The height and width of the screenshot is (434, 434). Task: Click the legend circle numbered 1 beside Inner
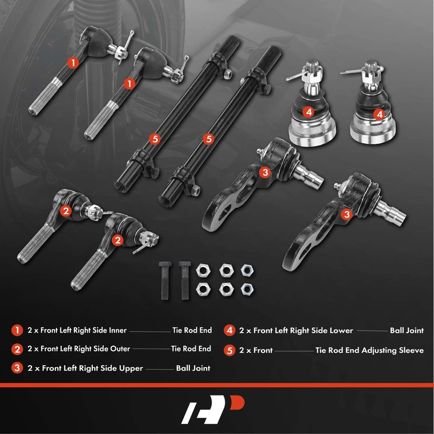pyautogui.click(x=17, y=330)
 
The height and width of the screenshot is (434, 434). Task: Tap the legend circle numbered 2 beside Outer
pyautogui.click(x=17, y=349)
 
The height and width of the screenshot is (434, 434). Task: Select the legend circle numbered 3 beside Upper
pyautogui.click(x=17, y=368)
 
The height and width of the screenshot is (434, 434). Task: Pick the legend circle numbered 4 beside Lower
pyautogui.click(x=229, y=330)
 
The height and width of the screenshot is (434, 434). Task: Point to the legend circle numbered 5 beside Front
pyautogui.click(x=229, y=350)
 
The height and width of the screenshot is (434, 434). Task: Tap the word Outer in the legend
pyautogui.click(x=120, y=349)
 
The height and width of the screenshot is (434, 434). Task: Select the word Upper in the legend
pyautogui.click(x=131, y=368)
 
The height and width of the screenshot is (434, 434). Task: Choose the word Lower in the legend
pyautogui.click(x=342, y=330)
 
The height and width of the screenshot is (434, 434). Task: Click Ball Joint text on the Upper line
pyautogui.click(x=193, y=368)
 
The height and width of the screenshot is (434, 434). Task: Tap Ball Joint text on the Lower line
pyautogui.click(x=407, y=330)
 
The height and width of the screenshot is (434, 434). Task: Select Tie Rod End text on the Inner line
pyautogui.click(x=192, y=330)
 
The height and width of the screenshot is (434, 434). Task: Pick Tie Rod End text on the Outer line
pyautogui.click(x=191, y=349)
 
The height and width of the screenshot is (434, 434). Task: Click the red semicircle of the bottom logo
pyautogui.click(x=238, y=403)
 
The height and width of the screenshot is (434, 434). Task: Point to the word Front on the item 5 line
pyautogui.click(x=263, y=350)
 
